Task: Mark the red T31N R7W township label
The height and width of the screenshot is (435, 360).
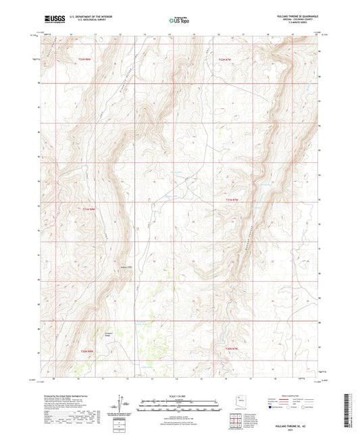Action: coord(233,200)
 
